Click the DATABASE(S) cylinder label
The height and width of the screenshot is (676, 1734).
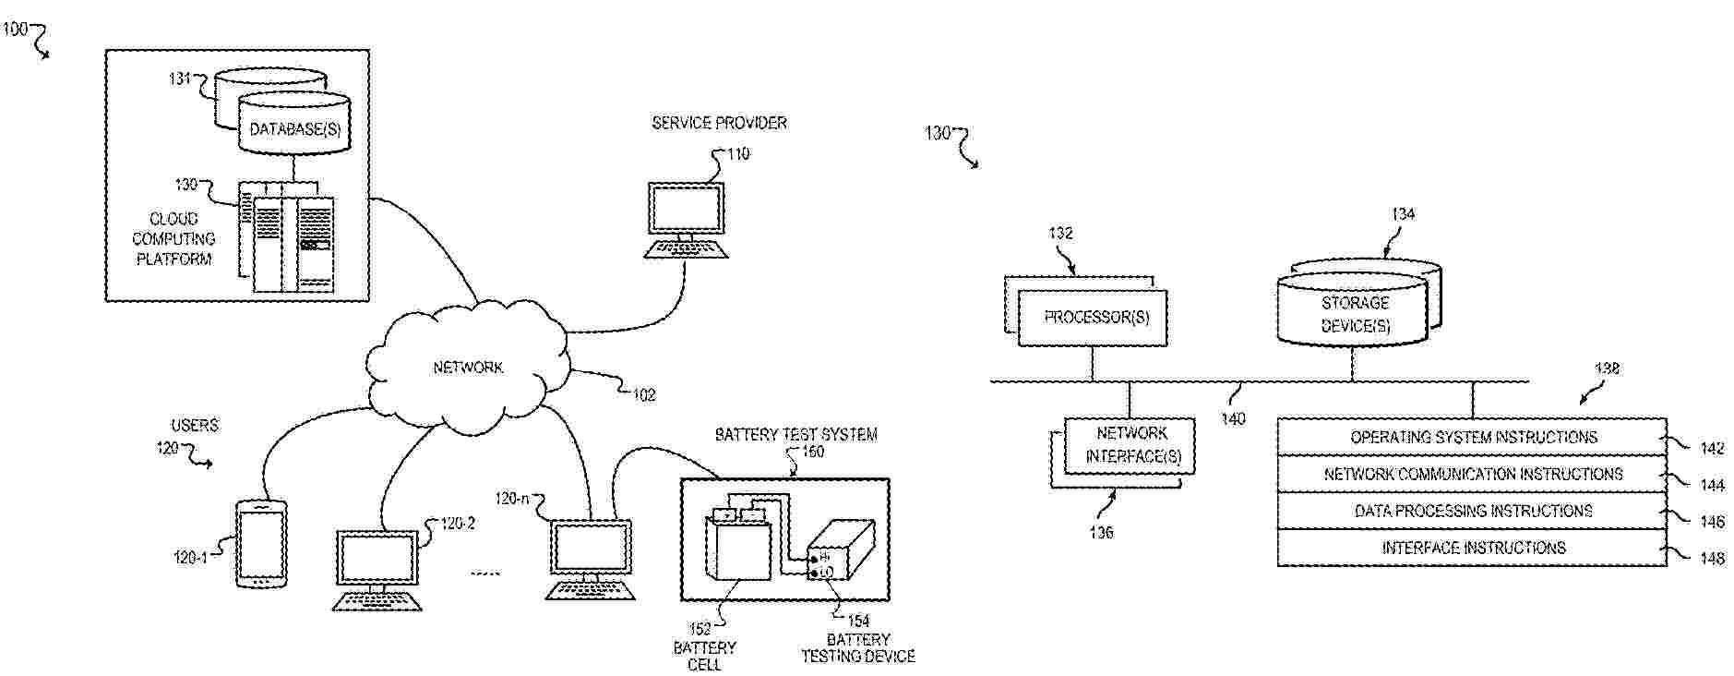tap(294, 130)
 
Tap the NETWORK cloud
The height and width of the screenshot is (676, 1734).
tap(468, 368)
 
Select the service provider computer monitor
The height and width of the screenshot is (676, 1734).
tap(686, 211)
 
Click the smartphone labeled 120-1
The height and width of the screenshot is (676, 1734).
tap(260, 544)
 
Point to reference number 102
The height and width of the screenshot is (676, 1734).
tap(643, 395)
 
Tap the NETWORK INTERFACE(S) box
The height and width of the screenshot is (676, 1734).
tap(1131, 445)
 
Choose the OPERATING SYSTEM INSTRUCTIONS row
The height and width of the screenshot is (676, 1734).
tap(1473, 437)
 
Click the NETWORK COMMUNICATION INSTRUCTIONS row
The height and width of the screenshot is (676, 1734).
tap(1473, 474)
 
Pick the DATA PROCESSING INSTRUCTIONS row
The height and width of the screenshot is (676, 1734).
tap(1473, 511)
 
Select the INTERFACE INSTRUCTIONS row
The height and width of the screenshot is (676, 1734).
tap(1473, 548)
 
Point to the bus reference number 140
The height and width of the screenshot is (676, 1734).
tap(1233, 419)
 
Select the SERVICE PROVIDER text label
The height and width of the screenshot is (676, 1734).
tap(719, 123)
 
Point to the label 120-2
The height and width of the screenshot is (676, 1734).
tap(458, 525)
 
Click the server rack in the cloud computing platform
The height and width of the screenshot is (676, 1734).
tap(288, 242)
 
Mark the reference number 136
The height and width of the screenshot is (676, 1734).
tap(1101, 533)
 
